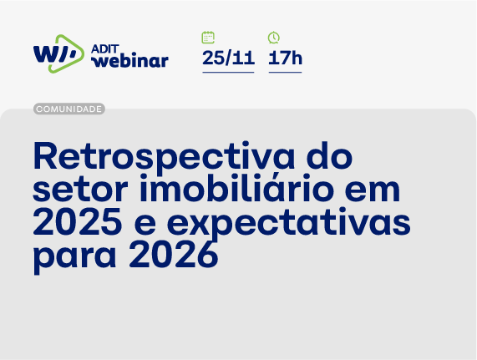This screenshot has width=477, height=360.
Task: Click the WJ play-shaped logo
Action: coord(58,53)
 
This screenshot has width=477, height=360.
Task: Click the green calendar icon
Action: coord(208,38)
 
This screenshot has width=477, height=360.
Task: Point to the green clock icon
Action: coord(274,38)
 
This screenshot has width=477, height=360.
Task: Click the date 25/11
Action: coord(228,58)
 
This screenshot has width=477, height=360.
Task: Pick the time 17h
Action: coord(285,58)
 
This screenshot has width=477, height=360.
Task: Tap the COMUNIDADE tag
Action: coord(69,109)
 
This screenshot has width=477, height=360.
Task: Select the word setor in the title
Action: coord(71,189)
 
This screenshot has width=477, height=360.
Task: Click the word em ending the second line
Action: coord(375,190)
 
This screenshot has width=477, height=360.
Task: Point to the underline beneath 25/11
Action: coord(228,73)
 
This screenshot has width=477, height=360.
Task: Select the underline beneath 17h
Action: coord(285,73)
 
